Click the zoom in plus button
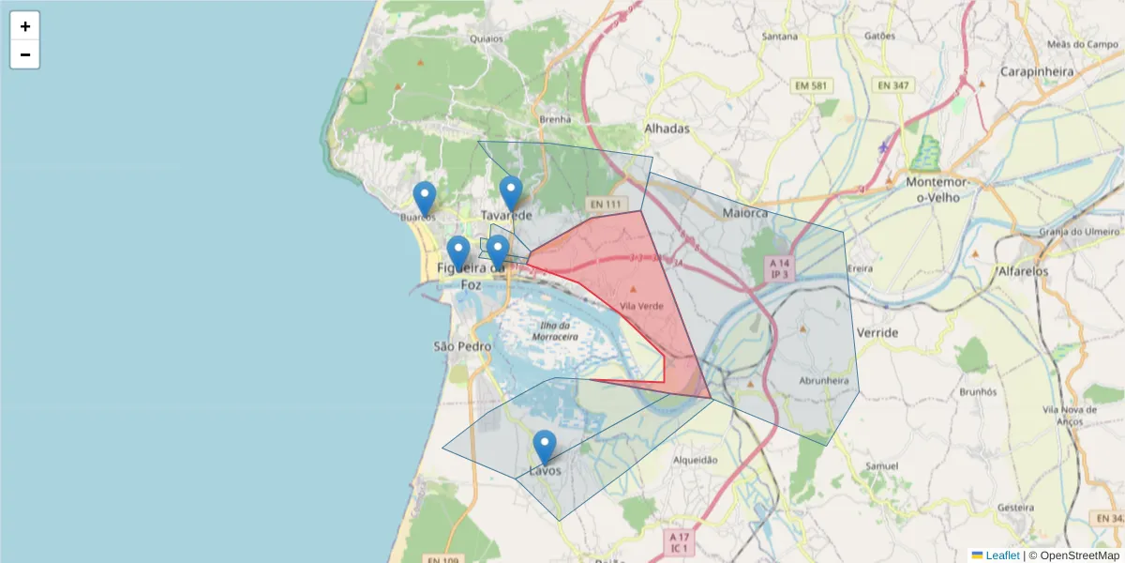[25, 26]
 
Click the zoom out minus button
[25, 54]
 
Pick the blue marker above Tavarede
[510, 193]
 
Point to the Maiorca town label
[745, 213]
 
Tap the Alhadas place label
[667, 129]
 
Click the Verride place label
[877, 333]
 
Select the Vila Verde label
[642, 306]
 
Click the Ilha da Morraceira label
[554, 330]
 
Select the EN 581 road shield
[812, 86]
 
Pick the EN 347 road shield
[892, 86]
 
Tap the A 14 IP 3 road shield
[780, 269]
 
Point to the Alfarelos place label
[1024, 271]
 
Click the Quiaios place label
[487, 38]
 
